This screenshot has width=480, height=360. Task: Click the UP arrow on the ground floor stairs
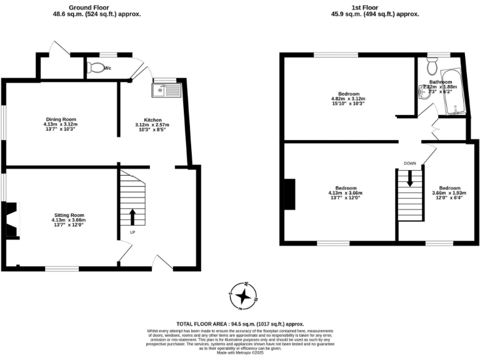[132, 217]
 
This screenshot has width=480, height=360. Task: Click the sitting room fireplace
[12, 219]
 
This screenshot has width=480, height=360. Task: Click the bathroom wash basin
[422, 92]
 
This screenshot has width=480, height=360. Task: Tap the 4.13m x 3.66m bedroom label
[346, 192]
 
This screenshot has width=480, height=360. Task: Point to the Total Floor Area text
[240, 324]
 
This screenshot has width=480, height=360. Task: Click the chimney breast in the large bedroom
[289, 195]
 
